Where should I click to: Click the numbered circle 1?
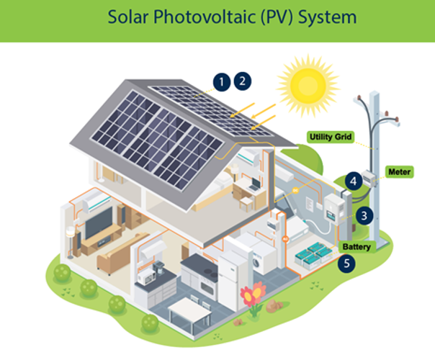tap(223, 81)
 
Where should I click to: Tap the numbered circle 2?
tap(243, 80)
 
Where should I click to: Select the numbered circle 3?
tap(365, 214)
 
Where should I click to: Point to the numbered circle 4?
tap(354, 181)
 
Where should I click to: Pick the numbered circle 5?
tap(349, 264)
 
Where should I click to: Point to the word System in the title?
tap(326, 17)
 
